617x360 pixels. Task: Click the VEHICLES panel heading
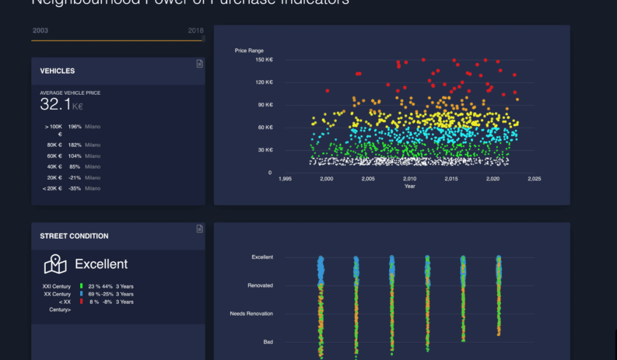coord(57,71)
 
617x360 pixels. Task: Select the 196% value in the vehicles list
coord(75,127)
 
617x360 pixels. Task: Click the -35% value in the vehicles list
coord(75,189)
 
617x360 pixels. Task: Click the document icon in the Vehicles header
coord(199,64)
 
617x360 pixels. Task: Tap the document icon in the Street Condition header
coord(199,229)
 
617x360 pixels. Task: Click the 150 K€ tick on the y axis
coord(264,60)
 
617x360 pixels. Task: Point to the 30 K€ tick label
coord(266,150)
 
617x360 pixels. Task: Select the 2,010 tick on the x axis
coord(410,179)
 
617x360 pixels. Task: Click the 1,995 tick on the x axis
coord(285,179)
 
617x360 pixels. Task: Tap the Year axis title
coord(410,186)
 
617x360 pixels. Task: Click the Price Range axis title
coord(249,51)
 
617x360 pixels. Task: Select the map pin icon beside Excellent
coord(55,264)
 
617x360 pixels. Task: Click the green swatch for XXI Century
coord(81,286)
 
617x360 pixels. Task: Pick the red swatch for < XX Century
coord(81,302)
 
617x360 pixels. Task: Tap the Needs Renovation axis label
coord(251,314)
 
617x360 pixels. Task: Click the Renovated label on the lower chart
coord(260,285)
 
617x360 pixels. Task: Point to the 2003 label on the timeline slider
coord(40,31)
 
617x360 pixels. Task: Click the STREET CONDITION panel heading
coord(74,236)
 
